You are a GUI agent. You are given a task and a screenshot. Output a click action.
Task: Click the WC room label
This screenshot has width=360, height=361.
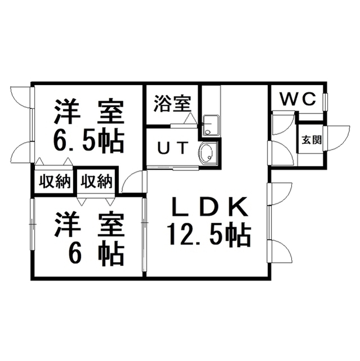click(x=297, y=99)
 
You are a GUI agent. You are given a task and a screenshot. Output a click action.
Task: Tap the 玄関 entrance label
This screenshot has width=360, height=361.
click(x=312, y=140)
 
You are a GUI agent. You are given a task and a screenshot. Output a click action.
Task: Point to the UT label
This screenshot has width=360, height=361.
click(x=172, y=148)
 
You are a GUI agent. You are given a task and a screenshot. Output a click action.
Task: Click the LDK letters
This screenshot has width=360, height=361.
click(x=210, y=206)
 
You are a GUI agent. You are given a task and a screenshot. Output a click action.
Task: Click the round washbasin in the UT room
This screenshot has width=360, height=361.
click(x=208, y=153)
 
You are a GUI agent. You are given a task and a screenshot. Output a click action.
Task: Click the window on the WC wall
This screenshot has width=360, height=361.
click(x=326, y=102)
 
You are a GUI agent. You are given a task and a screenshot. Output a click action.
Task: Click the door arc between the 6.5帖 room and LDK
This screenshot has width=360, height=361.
click(x=133, y=181)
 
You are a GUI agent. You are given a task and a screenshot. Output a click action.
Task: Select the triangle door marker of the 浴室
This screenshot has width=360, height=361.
click(x=190, y=118)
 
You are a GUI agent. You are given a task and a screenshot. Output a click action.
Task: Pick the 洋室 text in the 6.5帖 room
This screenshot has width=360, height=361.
click(x=89, y=111)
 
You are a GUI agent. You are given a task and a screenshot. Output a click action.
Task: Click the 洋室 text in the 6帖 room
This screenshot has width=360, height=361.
click(x=89, y=225)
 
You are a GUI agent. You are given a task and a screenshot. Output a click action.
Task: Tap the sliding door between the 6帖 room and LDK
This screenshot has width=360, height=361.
click(x=144, y=235)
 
